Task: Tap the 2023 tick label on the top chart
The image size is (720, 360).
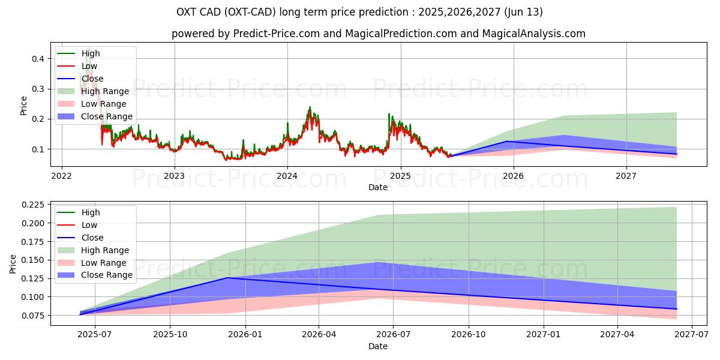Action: (174, 176)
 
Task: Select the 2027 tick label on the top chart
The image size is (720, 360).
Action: (626, 176)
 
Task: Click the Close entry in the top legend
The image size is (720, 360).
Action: (92, 79)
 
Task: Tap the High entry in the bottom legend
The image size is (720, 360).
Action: (91, 212)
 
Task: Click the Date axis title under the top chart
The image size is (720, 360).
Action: (378, 187)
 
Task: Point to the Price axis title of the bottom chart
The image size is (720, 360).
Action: (13, 263)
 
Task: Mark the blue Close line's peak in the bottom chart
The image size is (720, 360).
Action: (227, 278)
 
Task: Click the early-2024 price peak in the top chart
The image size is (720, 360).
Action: (310, 107)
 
